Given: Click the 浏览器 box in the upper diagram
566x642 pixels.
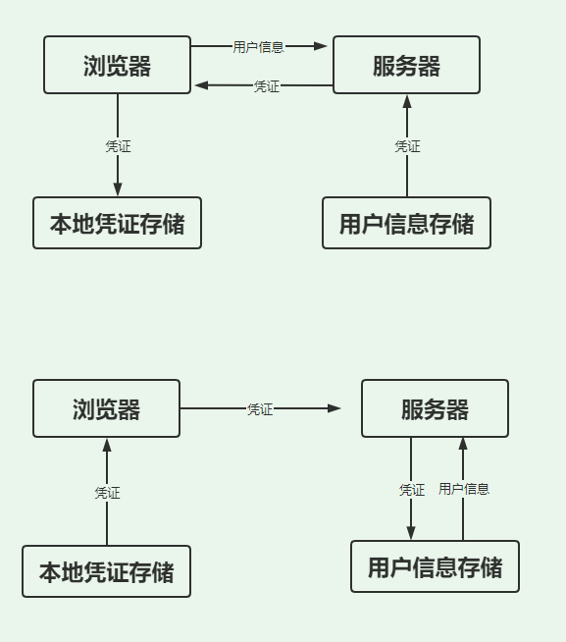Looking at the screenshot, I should point(118,66).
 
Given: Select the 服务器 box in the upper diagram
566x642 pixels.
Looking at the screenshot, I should point(406,66).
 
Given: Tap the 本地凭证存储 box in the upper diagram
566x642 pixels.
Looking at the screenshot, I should point(117,223).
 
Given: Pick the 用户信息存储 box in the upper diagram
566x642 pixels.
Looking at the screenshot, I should point(406,223).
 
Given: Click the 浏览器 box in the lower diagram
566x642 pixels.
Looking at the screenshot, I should point(106,408).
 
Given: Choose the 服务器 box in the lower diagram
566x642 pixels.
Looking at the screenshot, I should point(435,408).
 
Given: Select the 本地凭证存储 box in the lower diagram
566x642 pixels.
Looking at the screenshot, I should point(106,571).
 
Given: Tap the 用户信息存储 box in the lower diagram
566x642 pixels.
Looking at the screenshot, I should point(435,566).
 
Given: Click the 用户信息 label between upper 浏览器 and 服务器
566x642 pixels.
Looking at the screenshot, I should point(259,46).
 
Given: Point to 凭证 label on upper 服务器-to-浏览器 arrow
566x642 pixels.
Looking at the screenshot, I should point(266,86).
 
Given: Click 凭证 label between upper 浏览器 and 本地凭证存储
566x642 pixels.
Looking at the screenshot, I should point(118,146).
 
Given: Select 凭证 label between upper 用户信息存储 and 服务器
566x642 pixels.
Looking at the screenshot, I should point(407,146).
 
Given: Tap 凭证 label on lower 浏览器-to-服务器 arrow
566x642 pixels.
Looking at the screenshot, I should point(260,409).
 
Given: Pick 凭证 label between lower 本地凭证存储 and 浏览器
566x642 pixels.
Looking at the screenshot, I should point(107,493).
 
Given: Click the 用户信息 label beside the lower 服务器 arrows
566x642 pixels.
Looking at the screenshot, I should point(464,489).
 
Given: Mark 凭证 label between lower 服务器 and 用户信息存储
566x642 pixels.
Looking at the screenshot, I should point(412,490).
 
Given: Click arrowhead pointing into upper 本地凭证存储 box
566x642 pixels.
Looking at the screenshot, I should point(118,188).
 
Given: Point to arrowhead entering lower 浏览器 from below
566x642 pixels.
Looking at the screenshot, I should point(107,446).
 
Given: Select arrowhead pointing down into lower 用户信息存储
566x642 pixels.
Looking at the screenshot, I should point(411,532).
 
